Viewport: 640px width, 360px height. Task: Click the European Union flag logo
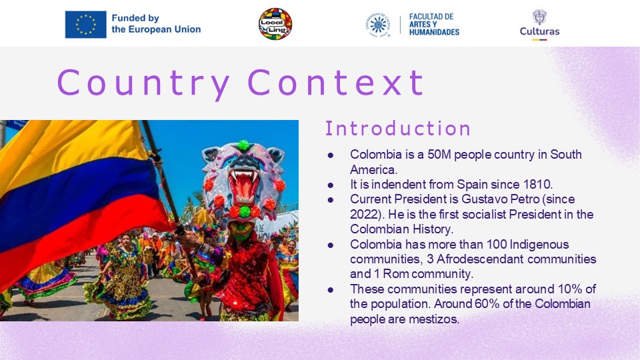[86, 25]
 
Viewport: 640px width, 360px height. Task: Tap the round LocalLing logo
[275, 24]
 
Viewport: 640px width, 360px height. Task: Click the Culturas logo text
[539, 31]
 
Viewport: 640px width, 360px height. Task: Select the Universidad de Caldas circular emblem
[378, 25]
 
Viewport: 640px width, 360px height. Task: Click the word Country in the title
[143, 83]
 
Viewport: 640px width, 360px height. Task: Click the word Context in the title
[335, 83]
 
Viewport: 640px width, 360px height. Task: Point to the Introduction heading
[398, 128]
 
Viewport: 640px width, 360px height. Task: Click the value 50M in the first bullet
[439, 155]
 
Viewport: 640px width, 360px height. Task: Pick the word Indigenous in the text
[539, 245]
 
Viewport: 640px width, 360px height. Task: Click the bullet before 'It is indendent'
[330, 185]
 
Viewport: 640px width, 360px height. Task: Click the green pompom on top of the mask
[244, 145]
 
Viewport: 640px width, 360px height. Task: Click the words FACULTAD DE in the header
[431, 17]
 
